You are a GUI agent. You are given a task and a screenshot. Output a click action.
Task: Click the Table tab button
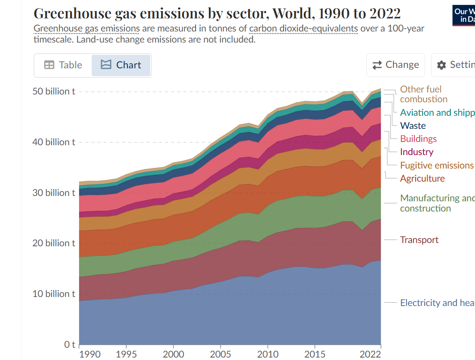[63, 65]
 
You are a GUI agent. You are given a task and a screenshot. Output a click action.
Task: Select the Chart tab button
[121, 65]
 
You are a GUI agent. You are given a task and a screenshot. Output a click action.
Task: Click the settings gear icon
[441, 65]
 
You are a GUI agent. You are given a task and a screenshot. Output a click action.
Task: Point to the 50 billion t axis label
[54, 91]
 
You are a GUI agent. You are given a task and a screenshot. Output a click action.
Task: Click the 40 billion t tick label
[54, 142]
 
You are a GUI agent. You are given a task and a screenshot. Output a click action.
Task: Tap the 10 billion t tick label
[54, 294]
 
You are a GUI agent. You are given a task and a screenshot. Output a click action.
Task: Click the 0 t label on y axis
[68, 344]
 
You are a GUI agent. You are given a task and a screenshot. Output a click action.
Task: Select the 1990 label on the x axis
[90, 354]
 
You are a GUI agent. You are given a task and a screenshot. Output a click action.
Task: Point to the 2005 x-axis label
[221, 354]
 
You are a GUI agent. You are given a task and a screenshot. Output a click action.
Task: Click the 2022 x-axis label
[371, 354]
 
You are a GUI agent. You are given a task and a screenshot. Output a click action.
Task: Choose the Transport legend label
[419, 240]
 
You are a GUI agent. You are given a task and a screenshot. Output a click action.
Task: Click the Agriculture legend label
[422, 178]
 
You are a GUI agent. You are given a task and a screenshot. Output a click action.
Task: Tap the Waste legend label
[413, 126]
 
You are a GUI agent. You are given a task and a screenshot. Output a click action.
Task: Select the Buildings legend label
[418, 139]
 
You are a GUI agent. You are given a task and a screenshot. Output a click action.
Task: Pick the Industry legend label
[416, 152]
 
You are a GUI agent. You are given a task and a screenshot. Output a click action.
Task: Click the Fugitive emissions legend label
[437, 165]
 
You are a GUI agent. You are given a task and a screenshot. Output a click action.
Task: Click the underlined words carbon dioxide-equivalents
[303, 29]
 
